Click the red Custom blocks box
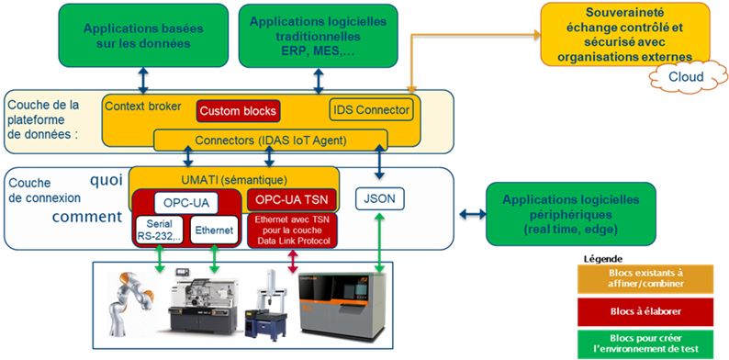coord(238,111)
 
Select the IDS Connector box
coord(371,110)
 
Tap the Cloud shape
coord(686,76)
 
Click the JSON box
coord(380,198)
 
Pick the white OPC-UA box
coord(186,203)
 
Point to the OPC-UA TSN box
coord(291,200)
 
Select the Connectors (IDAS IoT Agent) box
coord(270,140)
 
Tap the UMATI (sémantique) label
coord(234,178)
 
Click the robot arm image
coord(129,305)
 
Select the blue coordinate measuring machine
coord(267,306)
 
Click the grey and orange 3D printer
coord(342,308)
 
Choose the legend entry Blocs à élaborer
coord(645,311)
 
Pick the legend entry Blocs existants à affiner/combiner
coord(645,278)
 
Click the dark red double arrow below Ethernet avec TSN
coord(293,262)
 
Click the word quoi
coord(107,180)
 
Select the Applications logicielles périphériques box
coord(571,214)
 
